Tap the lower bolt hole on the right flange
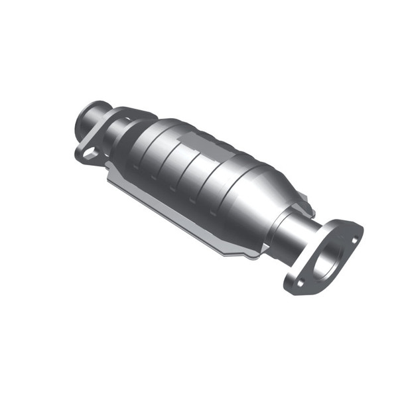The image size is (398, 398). pos(300,282)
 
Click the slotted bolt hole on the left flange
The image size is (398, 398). pos(88,153)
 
